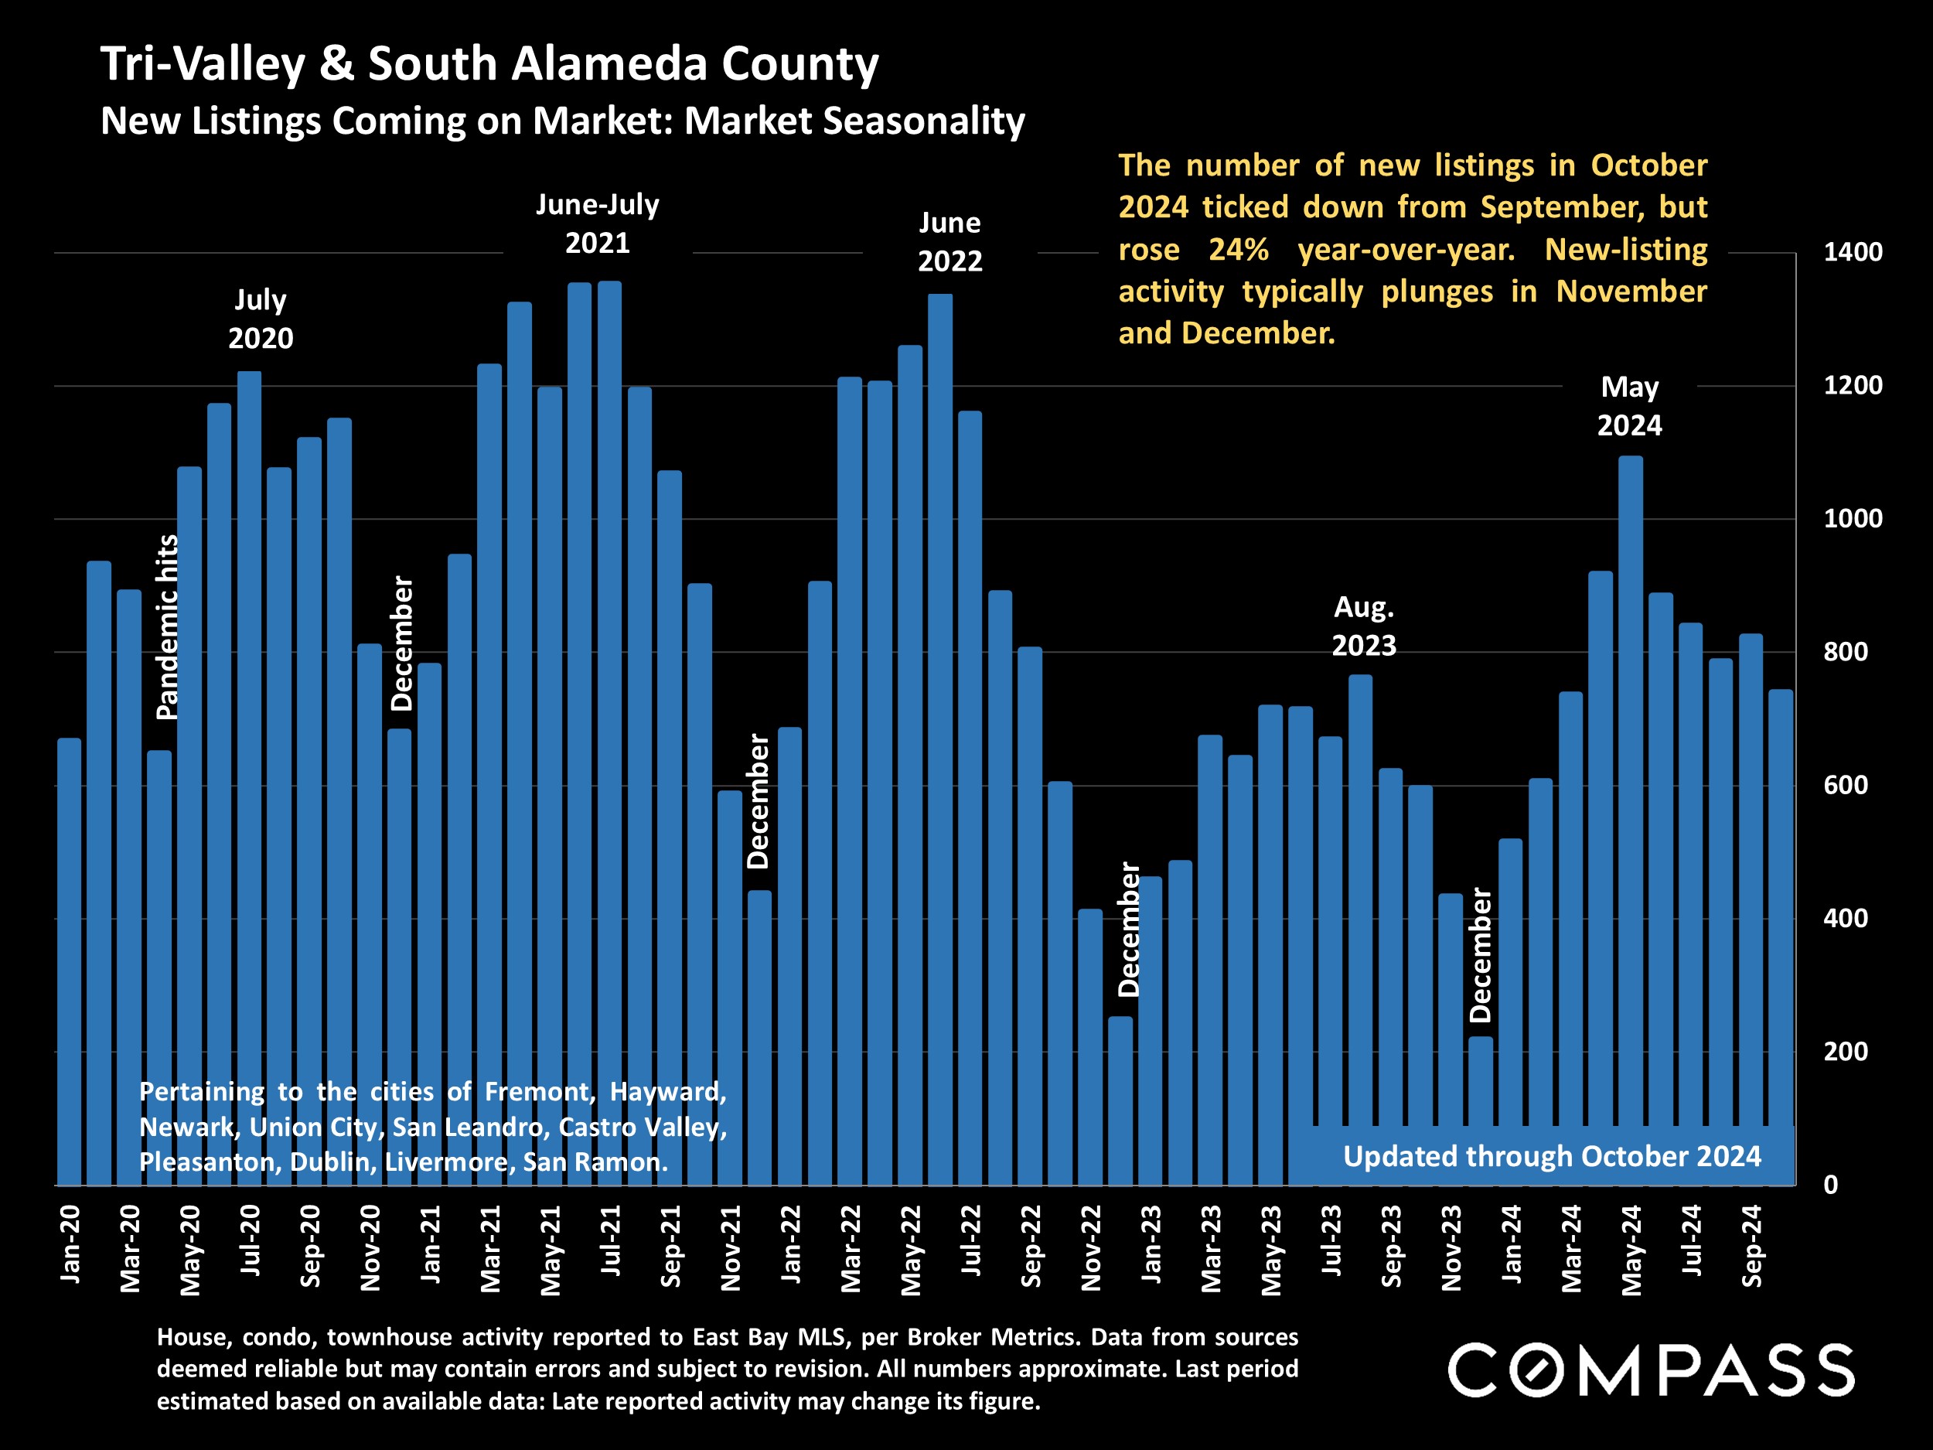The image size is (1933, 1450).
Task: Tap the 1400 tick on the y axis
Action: pos(1853,253)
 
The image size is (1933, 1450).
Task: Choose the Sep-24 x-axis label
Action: pos(1752,1247)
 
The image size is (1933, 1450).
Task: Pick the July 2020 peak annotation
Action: pos(261,319)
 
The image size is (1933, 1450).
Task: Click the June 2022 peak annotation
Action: pos(950,242)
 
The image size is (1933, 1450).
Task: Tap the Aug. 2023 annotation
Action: pos(1363,626)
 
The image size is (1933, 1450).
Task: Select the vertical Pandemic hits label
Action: pos(167,626)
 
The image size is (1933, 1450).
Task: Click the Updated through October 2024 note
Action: pos(1551,1156)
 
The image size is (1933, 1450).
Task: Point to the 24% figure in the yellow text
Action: pos(1238,250)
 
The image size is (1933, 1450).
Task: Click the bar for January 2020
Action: pos(70,961)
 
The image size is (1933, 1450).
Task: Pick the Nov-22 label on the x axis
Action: pos(1090,1247)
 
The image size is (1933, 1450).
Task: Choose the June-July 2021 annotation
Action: pos(598,223)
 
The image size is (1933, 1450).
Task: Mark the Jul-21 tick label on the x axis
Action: pos(610,1240)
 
